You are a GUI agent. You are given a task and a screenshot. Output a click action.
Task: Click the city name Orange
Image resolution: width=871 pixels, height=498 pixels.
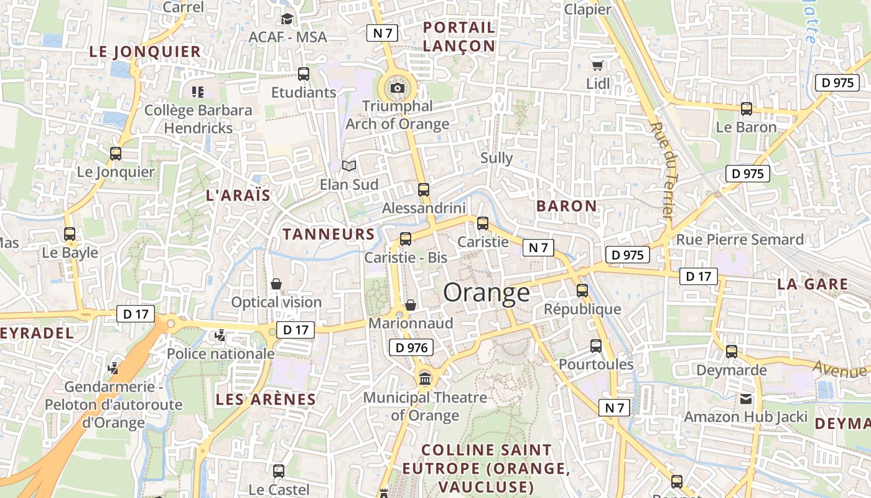(487, 292)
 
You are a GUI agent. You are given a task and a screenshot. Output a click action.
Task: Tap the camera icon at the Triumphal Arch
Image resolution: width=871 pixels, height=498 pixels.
(398, 88)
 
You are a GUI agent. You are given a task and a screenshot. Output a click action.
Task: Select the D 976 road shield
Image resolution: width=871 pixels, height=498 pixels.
(411, 347)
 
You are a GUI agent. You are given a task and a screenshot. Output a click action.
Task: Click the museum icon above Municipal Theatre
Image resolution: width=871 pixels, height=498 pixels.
(426, 377)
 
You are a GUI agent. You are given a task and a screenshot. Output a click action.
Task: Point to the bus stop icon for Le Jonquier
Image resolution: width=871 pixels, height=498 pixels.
(116, 153)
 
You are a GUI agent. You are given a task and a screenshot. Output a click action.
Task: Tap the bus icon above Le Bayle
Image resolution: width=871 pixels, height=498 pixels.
(70, 234)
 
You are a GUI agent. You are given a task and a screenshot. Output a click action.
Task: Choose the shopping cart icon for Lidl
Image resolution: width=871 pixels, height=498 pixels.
(597, 65)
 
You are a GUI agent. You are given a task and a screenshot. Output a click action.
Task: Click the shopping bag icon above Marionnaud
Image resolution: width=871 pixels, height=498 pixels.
(411, 305)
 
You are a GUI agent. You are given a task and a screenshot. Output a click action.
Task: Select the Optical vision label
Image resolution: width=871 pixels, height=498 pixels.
(276, 302)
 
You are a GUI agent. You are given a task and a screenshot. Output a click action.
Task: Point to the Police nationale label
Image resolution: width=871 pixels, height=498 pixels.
(220, 354)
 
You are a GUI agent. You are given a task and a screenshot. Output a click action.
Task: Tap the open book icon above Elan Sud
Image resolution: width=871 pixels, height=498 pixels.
(349, 166)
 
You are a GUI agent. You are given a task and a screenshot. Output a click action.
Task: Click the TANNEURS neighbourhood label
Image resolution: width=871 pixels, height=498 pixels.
(328, 234)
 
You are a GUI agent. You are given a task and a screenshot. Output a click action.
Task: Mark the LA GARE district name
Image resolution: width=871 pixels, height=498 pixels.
(813, 284)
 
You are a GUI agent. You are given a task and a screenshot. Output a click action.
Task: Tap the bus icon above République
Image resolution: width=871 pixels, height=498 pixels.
(582, 291)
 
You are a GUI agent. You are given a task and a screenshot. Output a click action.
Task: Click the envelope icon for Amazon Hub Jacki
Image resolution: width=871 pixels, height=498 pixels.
(745, 399)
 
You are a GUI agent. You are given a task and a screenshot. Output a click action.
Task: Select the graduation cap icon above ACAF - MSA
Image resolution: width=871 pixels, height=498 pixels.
(287, 19)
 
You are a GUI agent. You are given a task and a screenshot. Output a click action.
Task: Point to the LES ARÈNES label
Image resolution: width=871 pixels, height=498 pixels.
(266, 400)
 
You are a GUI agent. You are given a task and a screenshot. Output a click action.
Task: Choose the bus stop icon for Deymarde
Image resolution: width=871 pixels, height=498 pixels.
(732, 352)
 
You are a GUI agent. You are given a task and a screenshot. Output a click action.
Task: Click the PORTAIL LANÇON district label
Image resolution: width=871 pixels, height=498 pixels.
(459, 36)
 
